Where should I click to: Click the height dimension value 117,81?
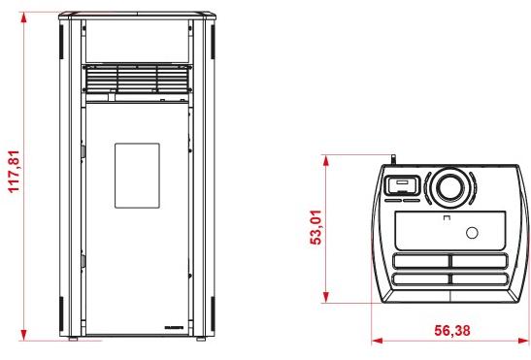click(15, 172)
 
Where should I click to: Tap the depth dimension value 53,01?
click(316, 227)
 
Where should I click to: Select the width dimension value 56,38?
click(452, 331)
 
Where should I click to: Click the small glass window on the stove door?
click(137, 176)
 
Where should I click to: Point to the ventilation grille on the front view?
click(137, 79)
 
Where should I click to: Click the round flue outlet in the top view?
click(450, 187)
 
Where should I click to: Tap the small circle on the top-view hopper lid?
click(472, 233)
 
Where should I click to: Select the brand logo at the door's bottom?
click(174, 327)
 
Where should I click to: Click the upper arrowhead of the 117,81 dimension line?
click(23, 17)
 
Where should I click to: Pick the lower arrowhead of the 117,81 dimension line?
click(23, 336)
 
